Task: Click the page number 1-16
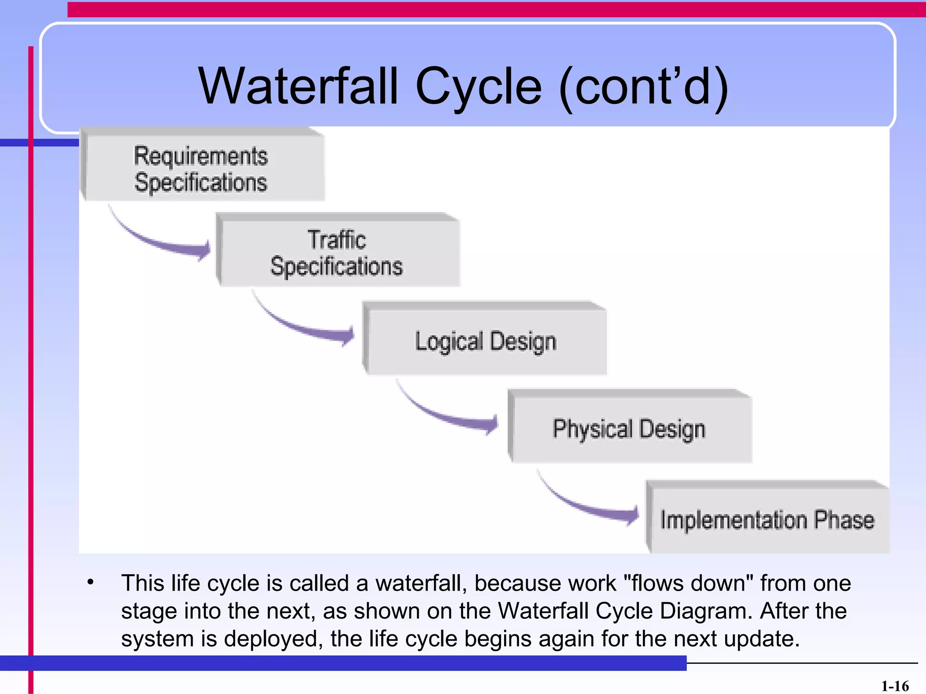tap(895, 686)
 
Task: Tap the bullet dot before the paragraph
tap(91, 582)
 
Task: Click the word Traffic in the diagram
tap(337, 239)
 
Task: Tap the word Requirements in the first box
tap(201, 156)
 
